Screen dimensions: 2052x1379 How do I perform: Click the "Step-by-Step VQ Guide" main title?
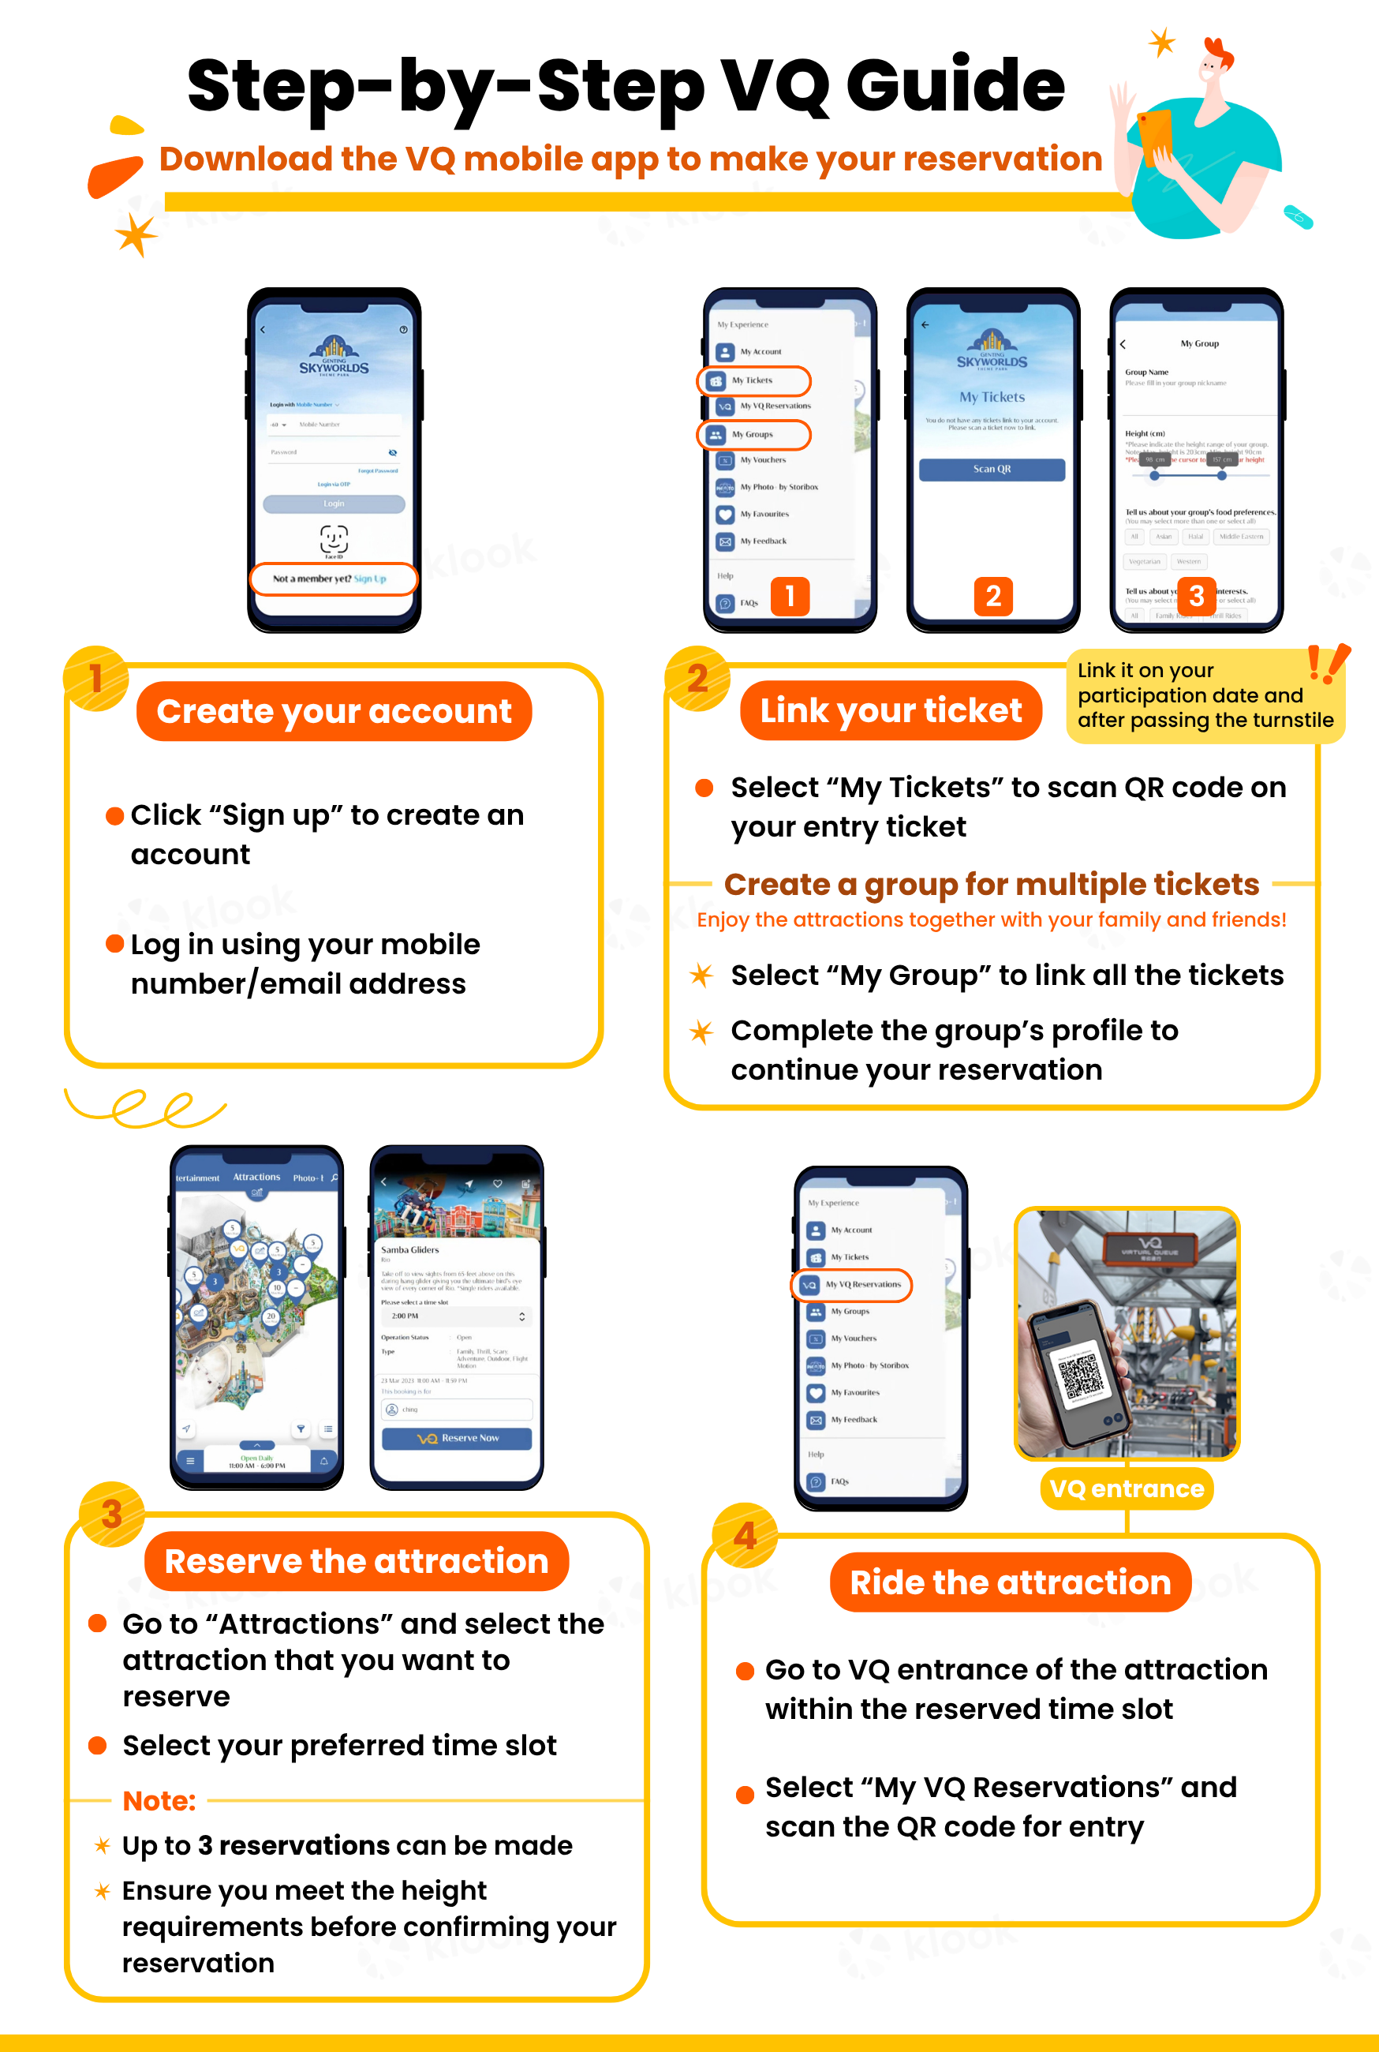click(626, 85)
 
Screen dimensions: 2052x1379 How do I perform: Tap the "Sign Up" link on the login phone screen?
click(370, 579)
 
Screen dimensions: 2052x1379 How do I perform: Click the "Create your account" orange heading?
click(334, 710)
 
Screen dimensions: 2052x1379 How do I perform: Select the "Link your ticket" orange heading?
click(890, 710)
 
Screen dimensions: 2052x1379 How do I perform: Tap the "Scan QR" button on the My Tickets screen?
click(991, 470)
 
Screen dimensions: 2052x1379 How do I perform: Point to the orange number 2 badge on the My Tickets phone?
click(993, 597)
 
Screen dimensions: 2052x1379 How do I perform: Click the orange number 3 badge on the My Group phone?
click(1196, 597)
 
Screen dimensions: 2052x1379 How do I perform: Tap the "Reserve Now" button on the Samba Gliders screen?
click(457, 1438)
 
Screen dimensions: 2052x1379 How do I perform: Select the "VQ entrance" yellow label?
click(1127, 1488)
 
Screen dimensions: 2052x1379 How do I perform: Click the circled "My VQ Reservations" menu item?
click(852, 1284)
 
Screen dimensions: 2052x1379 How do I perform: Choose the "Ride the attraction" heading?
click(1010, 1582)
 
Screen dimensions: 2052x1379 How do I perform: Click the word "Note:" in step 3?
click(159, 1800)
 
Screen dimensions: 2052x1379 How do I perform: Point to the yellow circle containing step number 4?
click(745, 1536)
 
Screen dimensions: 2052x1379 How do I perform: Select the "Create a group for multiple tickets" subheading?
click(991, 884)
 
